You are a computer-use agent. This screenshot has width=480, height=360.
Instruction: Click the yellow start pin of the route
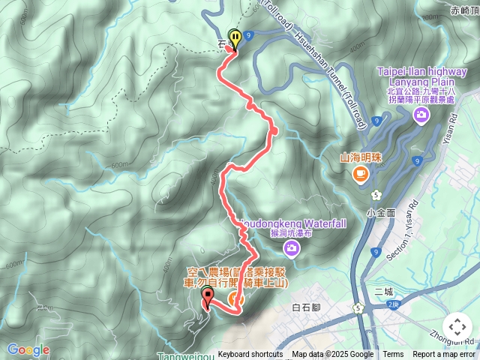(x=235, y=38)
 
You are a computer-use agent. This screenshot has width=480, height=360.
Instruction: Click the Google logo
(x=28, y=349)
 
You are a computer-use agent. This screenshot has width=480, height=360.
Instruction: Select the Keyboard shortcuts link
(x=250, y=355)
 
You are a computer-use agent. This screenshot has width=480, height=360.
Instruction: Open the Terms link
(x=393, y=355)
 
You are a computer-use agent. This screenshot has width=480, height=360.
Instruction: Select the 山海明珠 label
(x=360, y=157)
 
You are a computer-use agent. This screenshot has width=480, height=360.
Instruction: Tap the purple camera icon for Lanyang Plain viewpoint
(x=421, y=114)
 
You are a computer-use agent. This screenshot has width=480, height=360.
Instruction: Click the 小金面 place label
(x=381, y=212)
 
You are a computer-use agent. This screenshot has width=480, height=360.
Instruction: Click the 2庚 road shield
(x=393, y=304)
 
